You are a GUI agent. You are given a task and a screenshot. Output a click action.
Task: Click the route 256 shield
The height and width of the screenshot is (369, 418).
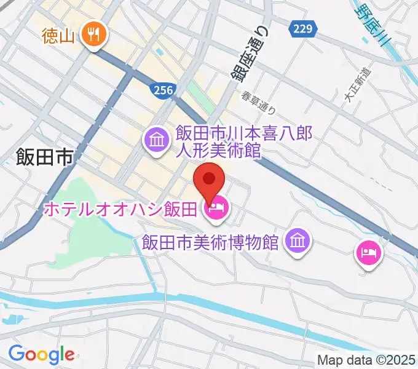point(162,90)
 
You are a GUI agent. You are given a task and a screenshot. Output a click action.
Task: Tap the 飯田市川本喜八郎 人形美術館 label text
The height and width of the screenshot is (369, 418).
point(245,141)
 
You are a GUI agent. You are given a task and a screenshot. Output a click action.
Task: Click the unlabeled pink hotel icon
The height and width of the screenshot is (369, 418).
point(368,253)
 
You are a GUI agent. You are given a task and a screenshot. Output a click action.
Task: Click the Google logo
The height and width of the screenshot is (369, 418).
point(41,355)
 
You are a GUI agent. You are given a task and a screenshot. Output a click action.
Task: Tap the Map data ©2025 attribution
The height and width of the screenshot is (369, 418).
point(367,359)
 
